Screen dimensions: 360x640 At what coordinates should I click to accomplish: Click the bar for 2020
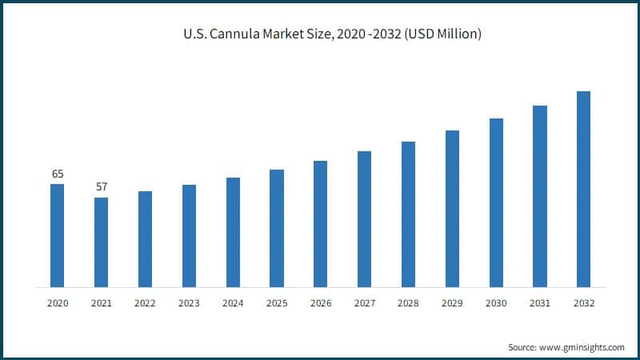click(57, 235)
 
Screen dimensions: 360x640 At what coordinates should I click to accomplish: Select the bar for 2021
click(101, 242)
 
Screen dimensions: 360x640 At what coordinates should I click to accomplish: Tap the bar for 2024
click(233, 232)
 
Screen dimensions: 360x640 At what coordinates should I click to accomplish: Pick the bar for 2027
click(364, 218)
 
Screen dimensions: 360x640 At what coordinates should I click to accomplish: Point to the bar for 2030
click(496, 202)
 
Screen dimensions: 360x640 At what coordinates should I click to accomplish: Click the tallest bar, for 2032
click(584, 189)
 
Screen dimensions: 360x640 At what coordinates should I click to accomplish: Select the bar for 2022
click(145, 238)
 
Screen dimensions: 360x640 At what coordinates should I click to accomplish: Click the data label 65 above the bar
click(58, 174)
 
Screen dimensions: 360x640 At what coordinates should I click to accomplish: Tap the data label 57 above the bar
click(101, 186)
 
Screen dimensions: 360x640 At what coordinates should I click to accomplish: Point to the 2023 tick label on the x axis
click(189, 303)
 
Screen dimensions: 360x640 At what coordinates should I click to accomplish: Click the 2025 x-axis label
click(277, 303)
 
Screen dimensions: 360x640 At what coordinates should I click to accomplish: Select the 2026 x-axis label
click(320, 303)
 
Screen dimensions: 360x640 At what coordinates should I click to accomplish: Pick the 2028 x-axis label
click(408, 303)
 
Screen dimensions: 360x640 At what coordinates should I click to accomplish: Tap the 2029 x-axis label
click(452, 303)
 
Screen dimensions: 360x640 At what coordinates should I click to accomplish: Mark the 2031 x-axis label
click(540, 303)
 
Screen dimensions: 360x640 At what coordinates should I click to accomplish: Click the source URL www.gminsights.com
click(583, 347)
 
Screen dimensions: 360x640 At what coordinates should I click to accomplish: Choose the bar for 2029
click(452, 208)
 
